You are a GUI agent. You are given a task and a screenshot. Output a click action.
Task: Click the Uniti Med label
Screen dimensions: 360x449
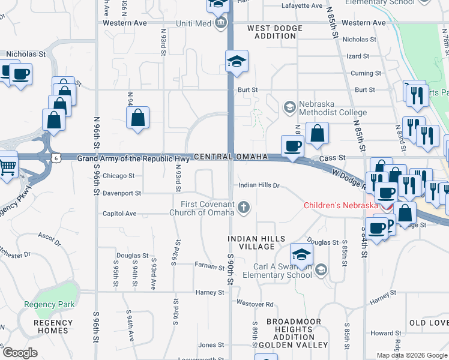coord(194,23)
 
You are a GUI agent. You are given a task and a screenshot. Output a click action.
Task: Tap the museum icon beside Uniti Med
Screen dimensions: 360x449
coord(220,23)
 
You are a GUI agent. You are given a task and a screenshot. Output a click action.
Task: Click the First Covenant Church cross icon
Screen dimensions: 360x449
coord(243,208)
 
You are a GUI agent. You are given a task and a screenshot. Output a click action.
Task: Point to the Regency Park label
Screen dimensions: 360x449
coord(49,304)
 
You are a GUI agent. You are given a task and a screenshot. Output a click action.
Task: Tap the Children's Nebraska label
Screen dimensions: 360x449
coord(341,205)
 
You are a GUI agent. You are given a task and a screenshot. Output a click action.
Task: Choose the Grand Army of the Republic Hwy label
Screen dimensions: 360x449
coord(134,158)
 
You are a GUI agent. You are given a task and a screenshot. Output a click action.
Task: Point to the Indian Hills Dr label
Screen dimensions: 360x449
coord(259,185)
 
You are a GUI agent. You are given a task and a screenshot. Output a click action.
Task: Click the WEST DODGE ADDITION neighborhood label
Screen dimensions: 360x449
coord(275,32)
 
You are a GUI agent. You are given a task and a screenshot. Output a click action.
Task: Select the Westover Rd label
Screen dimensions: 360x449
coord(255,304)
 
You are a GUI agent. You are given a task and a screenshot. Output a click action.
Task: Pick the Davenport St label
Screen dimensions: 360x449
coord(122,194)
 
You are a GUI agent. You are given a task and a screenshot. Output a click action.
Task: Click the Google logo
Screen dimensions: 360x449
coord(20,353)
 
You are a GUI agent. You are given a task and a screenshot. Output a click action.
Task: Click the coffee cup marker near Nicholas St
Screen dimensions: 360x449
coord(20,75)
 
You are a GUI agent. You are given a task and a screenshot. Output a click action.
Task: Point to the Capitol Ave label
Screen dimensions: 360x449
coord(119,214)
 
